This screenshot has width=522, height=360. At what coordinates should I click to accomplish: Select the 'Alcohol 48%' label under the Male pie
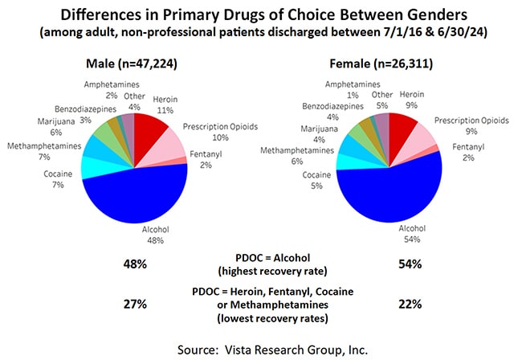coord(156,234)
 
